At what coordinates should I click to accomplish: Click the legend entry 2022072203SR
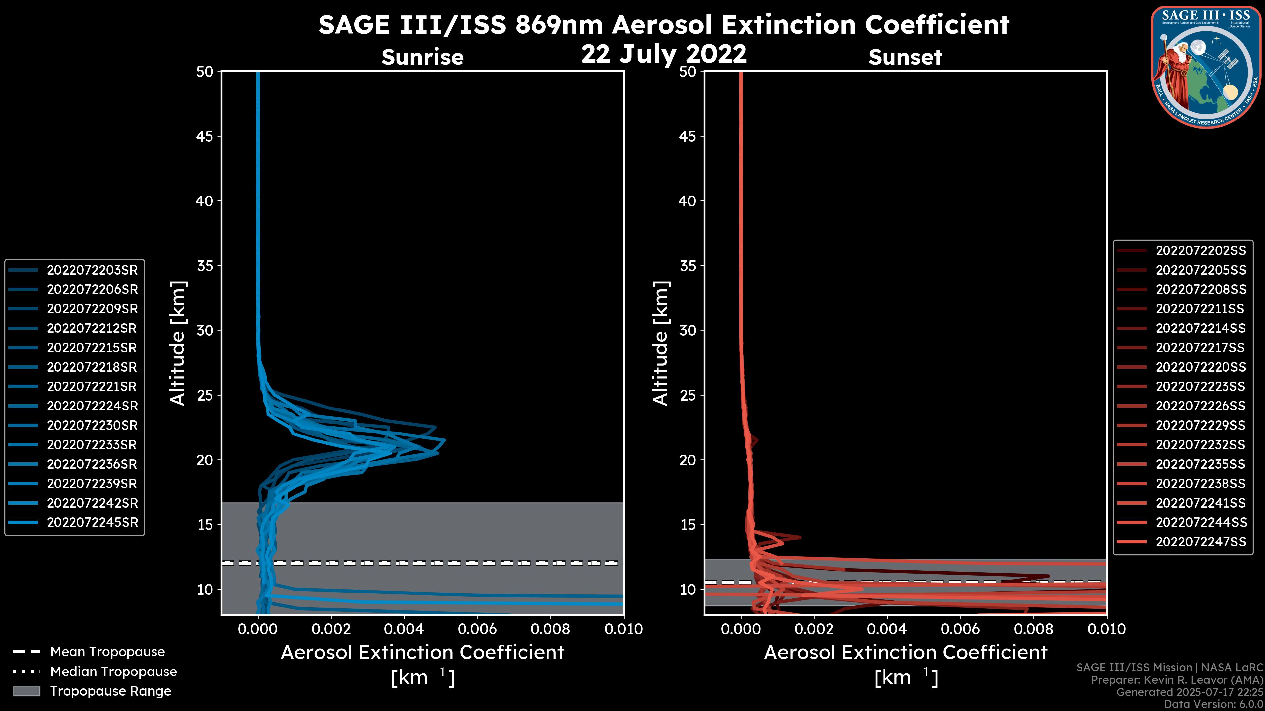click(92, 270)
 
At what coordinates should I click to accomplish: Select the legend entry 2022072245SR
click(92, 523)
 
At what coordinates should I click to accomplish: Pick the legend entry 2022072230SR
click(92, 425)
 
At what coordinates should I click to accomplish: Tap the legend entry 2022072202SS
click(1200, 251)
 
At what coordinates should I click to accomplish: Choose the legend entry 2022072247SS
click(1200, 542)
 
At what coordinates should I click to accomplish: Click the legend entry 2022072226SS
click(1200, 406)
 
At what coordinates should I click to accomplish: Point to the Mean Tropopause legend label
click(107, 652)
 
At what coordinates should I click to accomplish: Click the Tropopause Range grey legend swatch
click(26, 691)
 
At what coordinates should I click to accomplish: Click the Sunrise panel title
click(422, 57)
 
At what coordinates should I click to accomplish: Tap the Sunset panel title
click(905, 57)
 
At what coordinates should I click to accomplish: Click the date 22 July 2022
click(664, 54)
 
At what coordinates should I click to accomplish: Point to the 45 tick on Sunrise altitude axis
click(205, 136)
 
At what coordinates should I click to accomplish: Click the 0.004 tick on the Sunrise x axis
click(404, 629)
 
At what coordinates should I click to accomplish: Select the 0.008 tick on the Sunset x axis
click(1034, 629)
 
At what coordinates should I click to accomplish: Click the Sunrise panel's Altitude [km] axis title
click(177, 343)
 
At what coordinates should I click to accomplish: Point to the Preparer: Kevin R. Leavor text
click(1177, 680)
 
